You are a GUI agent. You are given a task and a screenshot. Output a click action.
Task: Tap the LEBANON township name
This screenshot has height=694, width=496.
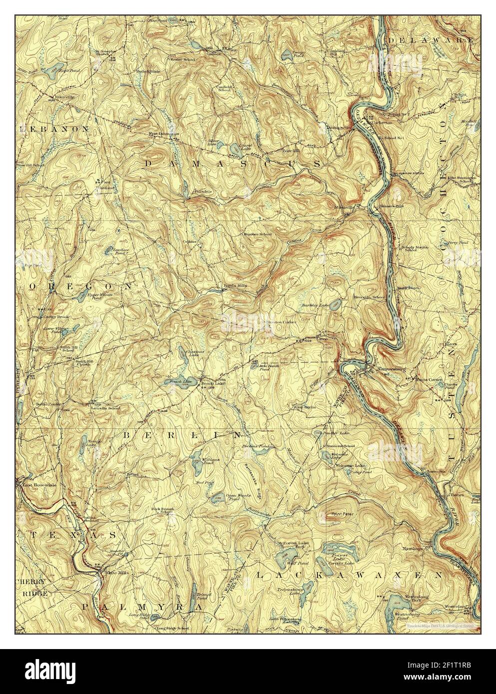[x=55, y=128]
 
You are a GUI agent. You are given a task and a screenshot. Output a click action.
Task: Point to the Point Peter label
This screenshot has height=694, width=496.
[x=336, y=513]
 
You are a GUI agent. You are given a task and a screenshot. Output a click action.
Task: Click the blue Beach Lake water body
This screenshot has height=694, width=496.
[x=175, y=382]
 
